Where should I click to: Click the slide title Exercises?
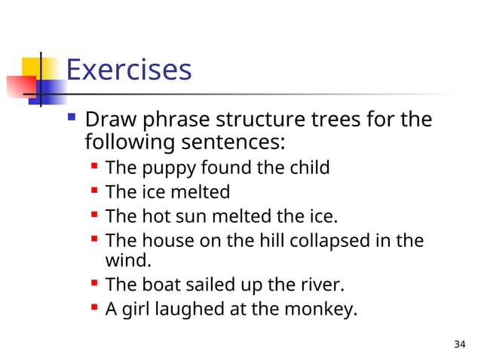coord(129,71)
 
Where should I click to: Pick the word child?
coord(311,167)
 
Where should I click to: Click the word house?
coord(167,241)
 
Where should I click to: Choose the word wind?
coord(127,261)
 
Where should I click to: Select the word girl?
coord(137,310)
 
